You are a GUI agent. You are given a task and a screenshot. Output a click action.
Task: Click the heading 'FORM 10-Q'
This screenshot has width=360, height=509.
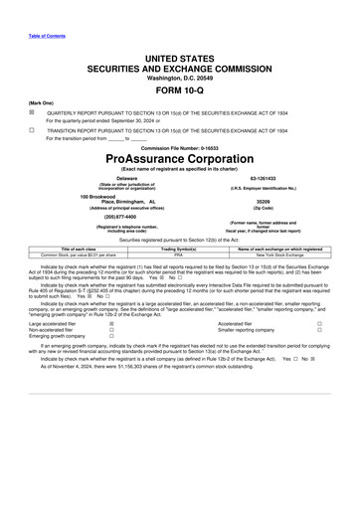pos(179,88)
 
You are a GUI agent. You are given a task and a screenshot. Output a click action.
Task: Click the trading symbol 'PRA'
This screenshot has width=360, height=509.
pos(180,254)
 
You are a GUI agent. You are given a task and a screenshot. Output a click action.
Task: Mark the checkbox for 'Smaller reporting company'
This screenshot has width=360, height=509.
pos(320,330)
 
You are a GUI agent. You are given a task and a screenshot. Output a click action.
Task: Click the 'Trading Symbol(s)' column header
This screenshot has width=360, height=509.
pos(180,248)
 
